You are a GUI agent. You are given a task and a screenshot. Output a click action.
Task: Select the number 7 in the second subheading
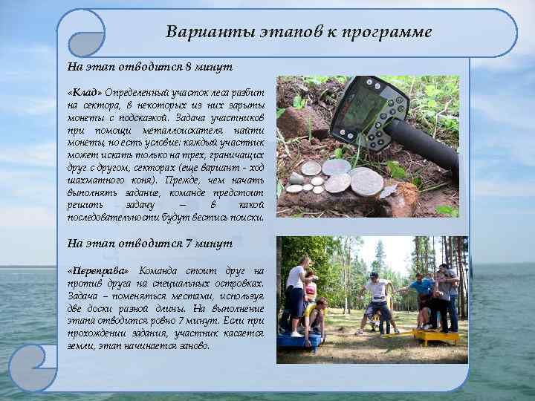point(188,244)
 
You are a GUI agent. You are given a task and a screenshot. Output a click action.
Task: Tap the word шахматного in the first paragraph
point(96,180)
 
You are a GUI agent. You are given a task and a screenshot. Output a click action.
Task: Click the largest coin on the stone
point(366,181)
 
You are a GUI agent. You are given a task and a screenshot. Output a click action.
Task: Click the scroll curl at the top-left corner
point(81,34)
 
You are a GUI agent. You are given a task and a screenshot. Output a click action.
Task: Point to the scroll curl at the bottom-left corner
point(33,368)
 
